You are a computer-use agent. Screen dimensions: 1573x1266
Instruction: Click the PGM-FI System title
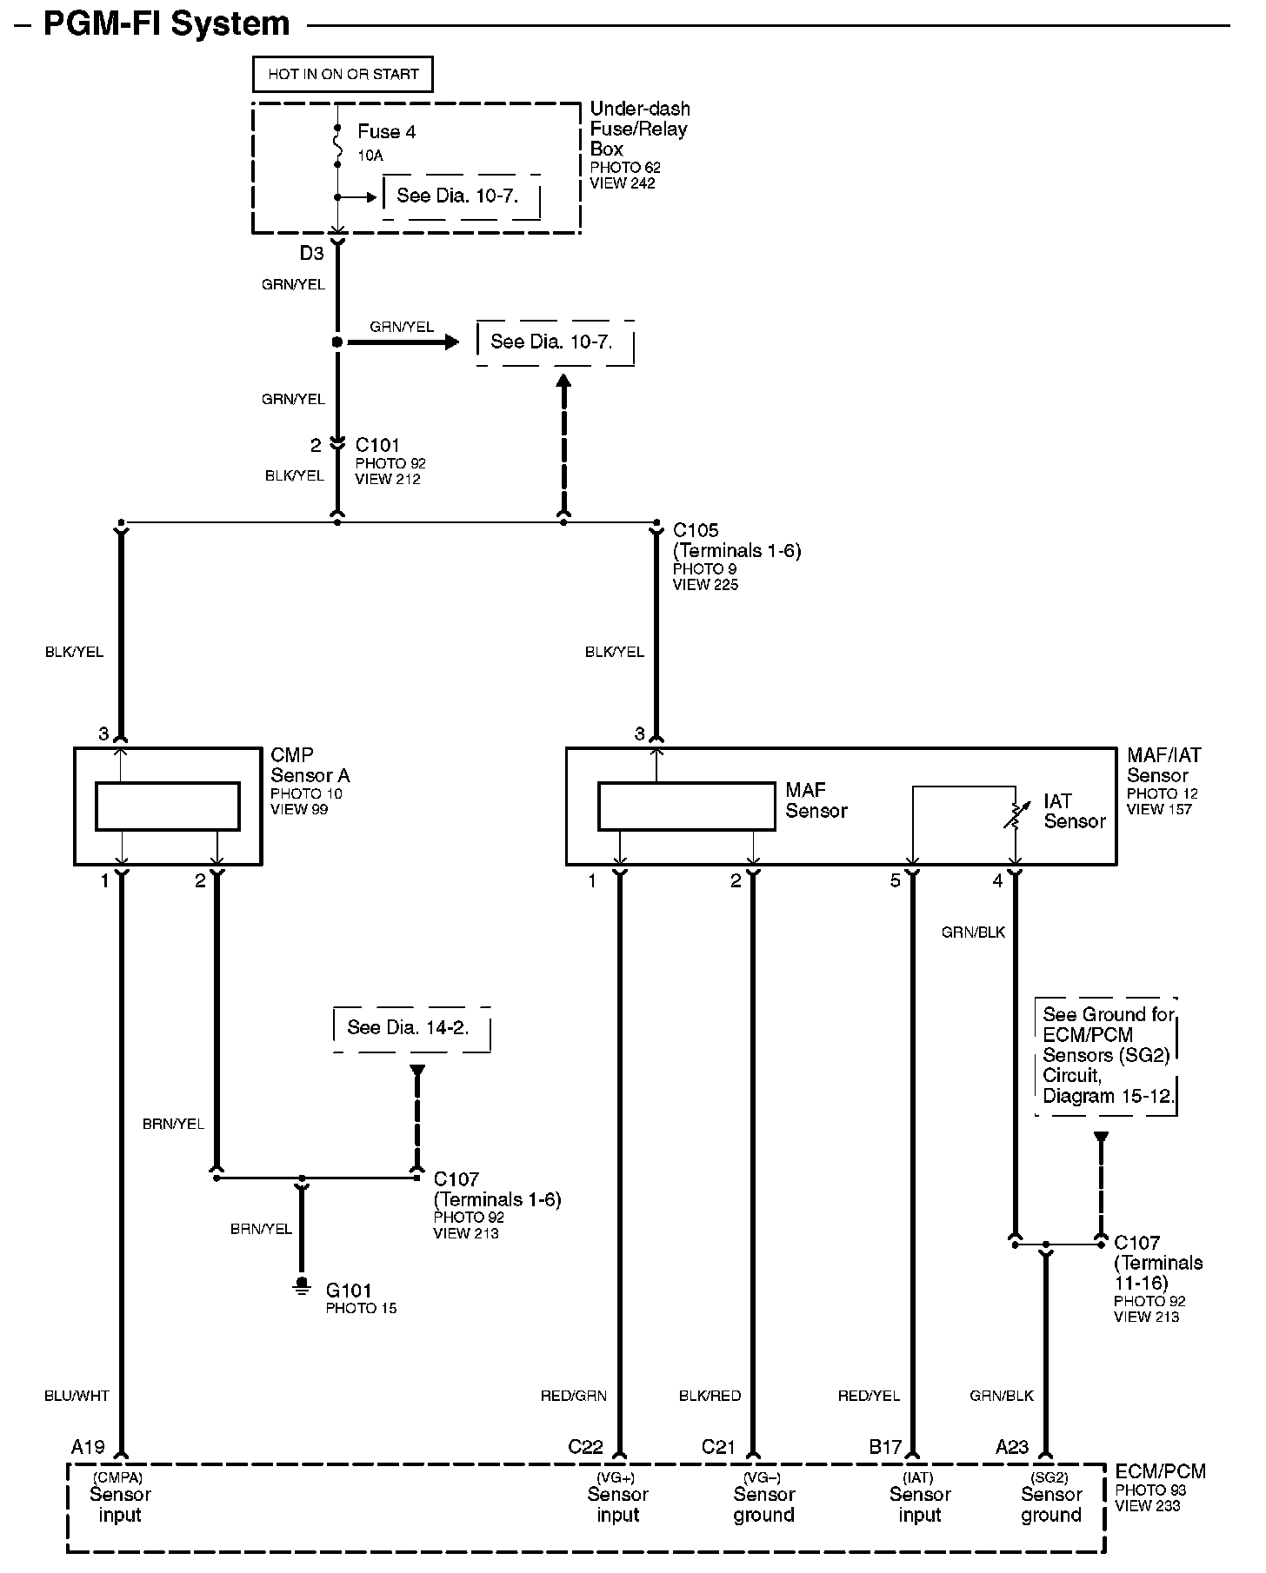click(x=166, y=23)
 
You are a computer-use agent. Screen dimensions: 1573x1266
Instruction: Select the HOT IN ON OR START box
click(x=343, y=75)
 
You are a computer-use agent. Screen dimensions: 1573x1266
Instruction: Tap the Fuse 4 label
click(x=386, y=132)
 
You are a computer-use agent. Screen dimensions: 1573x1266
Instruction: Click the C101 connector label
click(x=377, y=446)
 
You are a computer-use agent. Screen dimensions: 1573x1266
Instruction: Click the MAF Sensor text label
click(x=816, y=800)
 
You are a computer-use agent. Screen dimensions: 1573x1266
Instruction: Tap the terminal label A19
click(x=88, y=1447)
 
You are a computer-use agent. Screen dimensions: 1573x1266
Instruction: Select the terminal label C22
click(x=585, y=1447)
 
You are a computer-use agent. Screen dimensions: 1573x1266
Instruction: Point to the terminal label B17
click(x=885, y=1447)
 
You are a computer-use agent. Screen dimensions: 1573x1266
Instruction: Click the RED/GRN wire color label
click(x=574, y=1396)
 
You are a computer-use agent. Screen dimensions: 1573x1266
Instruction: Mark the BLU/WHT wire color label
click(x=77, y=1396)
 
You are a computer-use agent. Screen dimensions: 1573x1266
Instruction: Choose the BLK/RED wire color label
click(x=710, y=1396)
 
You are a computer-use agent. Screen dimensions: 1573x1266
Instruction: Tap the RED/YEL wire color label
click(x=869, y=1396)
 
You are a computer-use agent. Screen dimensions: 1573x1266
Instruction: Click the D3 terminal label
click(x=311, y=254)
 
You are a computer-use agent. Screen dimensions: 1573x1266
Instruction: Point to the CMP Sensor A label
click(x=310, y=766)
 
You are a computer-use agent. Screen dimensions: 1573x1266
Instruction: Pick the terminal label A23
click(x=1012, y=1447)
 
